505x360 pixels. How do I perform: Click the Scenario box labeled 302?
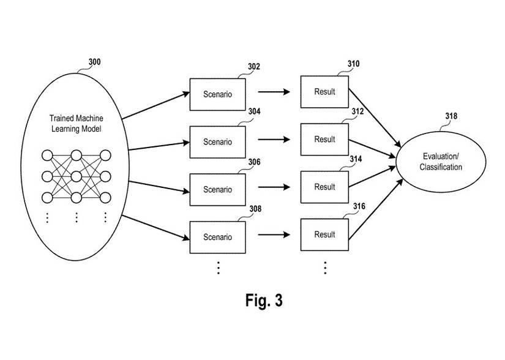217,94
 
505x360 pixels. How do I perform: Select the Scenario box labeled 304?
217,142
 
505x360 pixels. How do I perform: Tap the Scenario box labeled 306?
217,189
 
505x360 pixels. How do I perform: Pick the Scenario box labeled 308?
217,237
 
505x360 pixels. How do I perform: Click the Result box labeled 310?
324,92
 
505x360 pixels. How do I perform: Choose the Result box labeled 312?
324,139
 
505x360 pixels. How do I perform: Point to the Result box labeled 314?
324,187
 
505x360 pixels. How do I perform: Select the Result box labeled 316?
324,234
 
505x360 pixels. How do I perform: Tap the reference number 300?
95,62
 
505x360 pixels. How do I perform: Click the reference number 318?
451,116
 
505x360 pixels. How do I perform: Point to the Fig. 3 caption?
264,301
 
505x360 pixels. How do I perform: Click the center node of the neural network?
77,176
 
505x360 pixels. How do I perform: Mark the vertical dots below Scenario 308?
218,267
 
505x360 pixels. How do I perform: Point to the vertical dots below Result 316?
325,267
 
